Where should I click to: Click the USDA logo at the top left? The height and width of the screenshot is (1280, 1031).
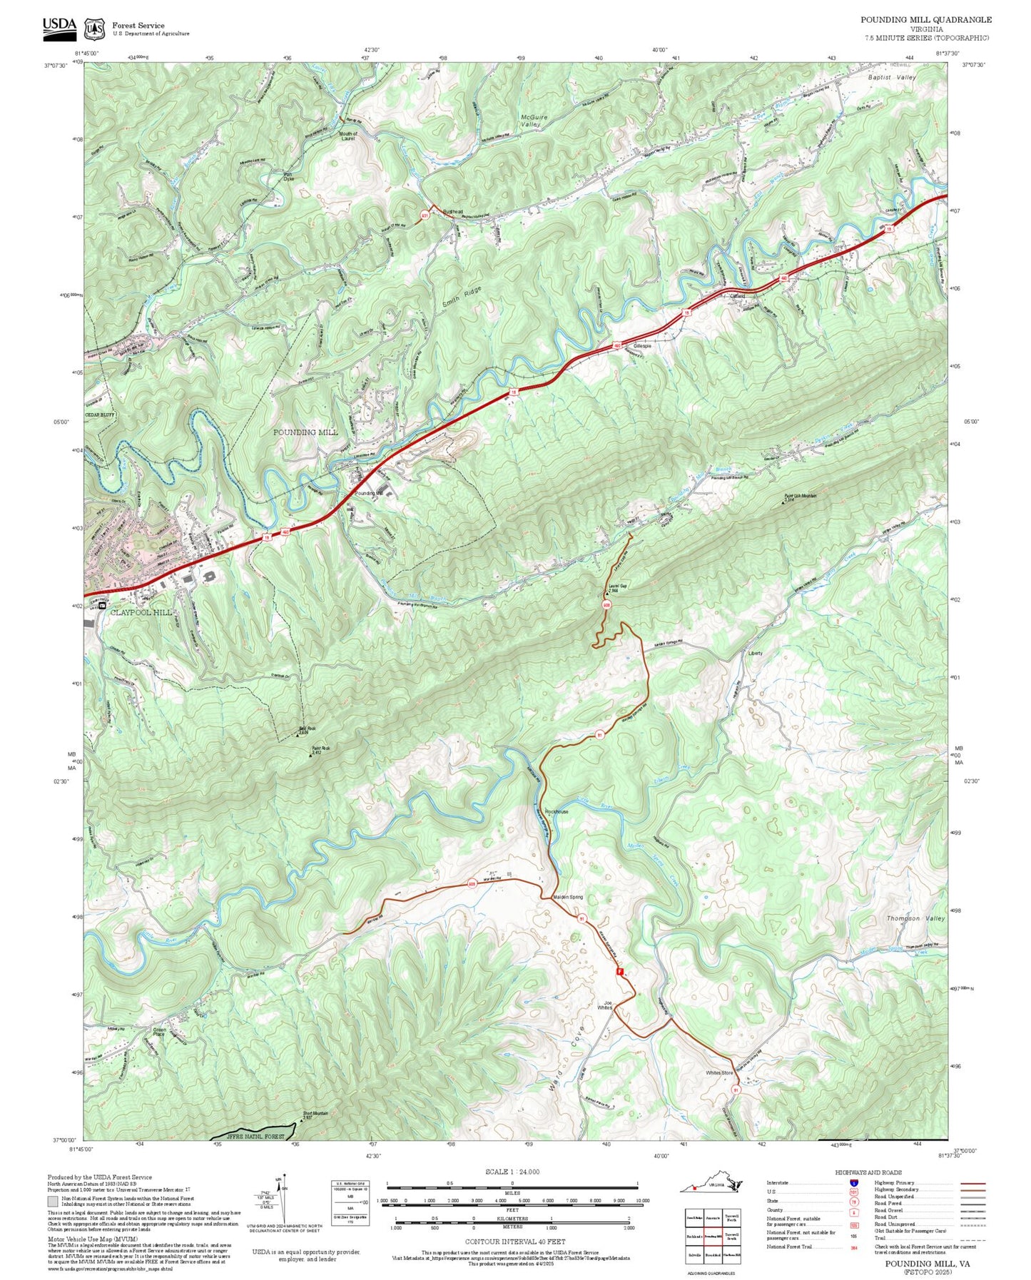(59, 26)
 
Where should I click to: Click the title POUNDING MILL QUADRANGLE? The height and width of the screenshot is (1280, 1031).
(925, 19)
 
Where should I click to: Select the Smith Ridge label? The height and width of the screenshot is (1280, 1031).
(462, 297)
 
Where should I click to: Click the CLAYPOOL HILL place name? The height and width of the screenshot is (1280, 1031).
(141, 612)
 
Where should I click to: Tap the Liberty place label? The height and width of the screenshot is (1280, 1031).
(755, 653)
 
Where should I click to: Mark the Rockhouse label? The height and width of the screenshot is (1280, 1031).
(557, 811)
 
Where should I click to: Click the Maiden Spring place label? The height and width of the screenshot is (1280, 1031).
(568, 897)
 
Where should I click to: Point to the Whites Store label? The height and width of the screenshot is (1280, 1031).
(719, 1072)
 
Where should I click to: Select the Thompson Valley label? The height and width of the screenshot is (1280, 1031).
(915, 918)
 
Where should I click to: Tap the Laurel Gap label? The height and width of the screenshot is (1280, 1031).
(617, 588)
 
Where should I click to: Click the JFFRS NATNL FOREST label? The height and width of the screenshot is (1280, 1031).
(255, 1136)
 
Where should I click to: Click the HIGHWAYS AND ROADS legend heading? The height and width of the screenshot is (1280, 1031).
(868, 1172)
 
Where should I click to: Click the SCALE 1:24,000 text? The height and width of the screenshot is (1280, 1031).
(512, 1172)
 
